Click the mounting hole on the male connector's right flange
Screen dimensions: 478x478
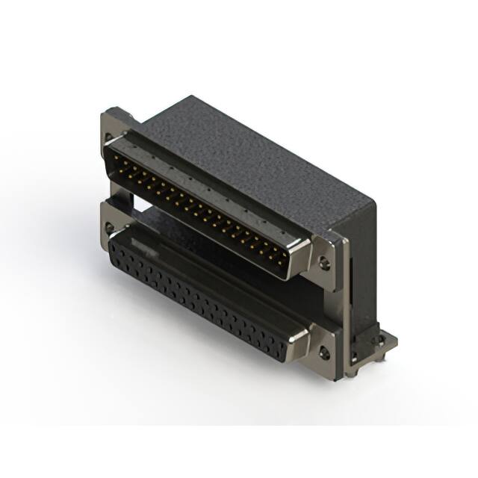click(x=324, y=263)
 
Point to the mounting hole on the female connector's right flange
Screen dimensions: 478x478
click(x=323, y=353)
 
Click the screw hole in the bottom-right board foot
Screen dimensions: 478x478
click(x=380, y=340)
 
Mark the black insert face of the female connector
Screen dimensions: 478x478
click(x=202, y=299)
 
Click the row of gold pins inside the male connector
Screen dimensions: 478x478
click(x=198, y=205)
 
